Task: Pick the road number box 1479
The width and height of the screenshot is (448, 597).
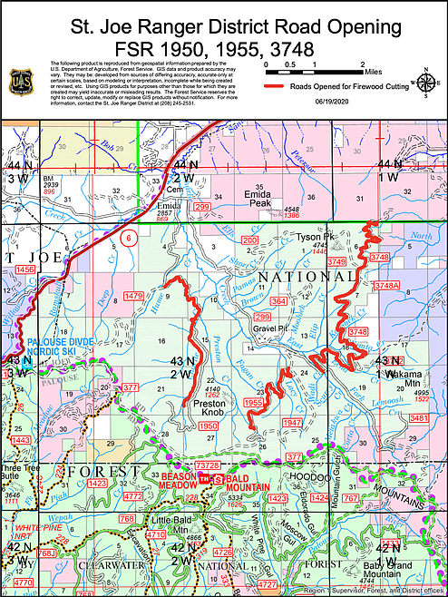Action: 134,296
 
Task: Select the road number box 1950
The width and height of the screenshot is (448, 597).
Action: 209,426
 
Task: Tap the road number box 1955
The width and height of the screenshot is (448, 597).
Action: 254,403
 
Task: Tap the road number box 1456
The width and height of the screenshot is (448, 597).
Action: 24,269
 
